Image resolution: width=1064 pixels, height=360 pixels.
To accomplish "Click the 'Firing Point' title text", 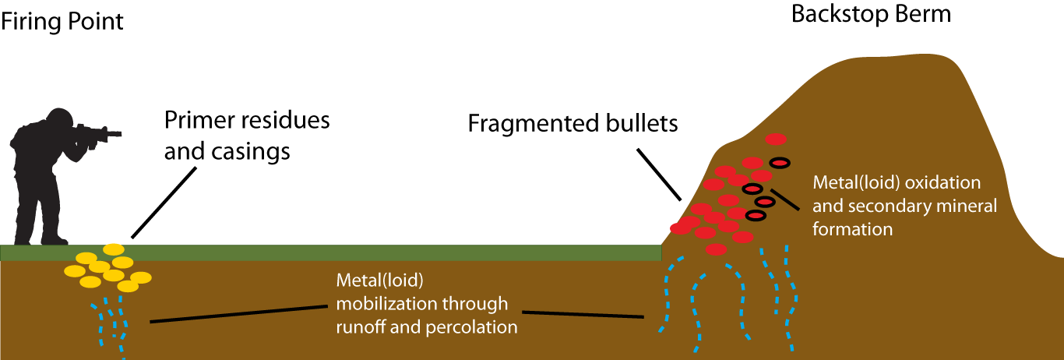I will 62,21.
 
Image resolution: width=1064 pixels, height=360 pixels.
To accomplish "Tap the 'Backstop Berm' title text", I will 871,14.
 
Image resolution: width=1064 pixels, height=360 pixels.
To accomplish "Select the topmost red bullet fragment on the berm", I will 776,139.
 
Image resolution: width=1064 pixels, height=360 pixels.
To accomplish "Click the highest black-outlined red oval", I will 780,162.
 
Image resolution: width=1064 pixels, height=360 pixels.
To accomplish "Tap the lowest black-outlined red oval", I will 755,214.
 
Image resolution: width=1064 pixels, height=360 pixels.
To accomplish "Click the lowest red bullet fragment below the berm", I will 717,249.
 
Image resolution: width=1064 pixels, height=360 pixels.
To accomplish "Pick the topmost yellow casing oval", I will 114,249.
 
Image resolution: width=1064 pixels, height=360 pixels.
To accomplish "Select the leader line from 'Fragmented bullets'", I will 661,171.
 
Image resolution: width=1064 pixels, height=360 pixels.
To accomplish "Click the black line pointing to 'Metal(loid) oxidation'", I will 785,198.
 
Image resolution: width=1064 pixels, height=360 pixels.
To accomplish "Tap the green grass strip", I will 389,252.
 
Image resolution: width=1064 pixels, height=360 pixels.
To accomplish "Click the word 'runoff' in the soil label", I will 361,327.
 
